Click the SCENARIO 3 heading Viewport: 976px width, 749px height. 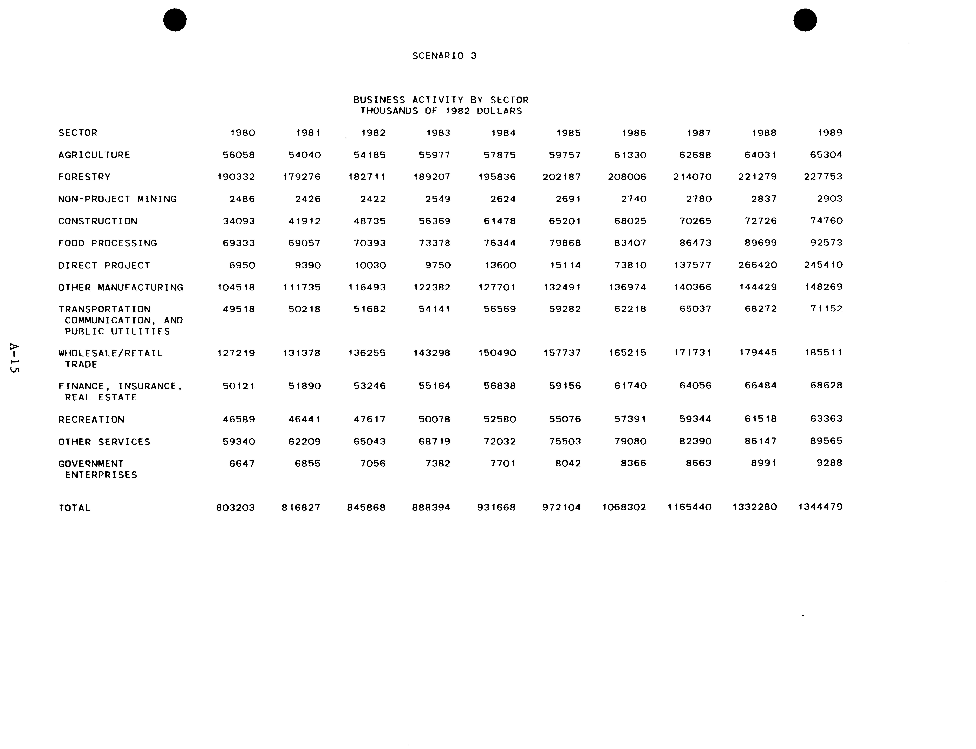point(444,56)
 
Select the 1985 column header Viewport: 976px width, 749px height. point(569,133)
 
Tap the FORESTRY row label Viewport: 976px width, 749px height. point(84,177)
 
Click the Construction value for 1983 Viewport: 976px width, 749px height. point(435,221)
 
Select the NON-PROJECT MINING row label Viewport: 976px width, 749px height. point(117,199)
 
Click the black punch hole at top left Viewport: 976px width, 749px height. point(175,20)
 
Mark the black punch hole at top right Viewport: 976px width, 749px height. point(805,20)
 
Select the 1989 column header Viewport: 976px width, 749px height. point(830,132)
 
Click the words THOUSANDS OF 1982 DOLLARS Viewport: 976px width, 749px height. point(441,111)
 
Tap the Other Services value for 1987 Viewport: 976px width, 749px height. point(695,441)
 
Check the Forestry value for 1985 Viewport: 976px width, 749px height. point(562,177)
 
